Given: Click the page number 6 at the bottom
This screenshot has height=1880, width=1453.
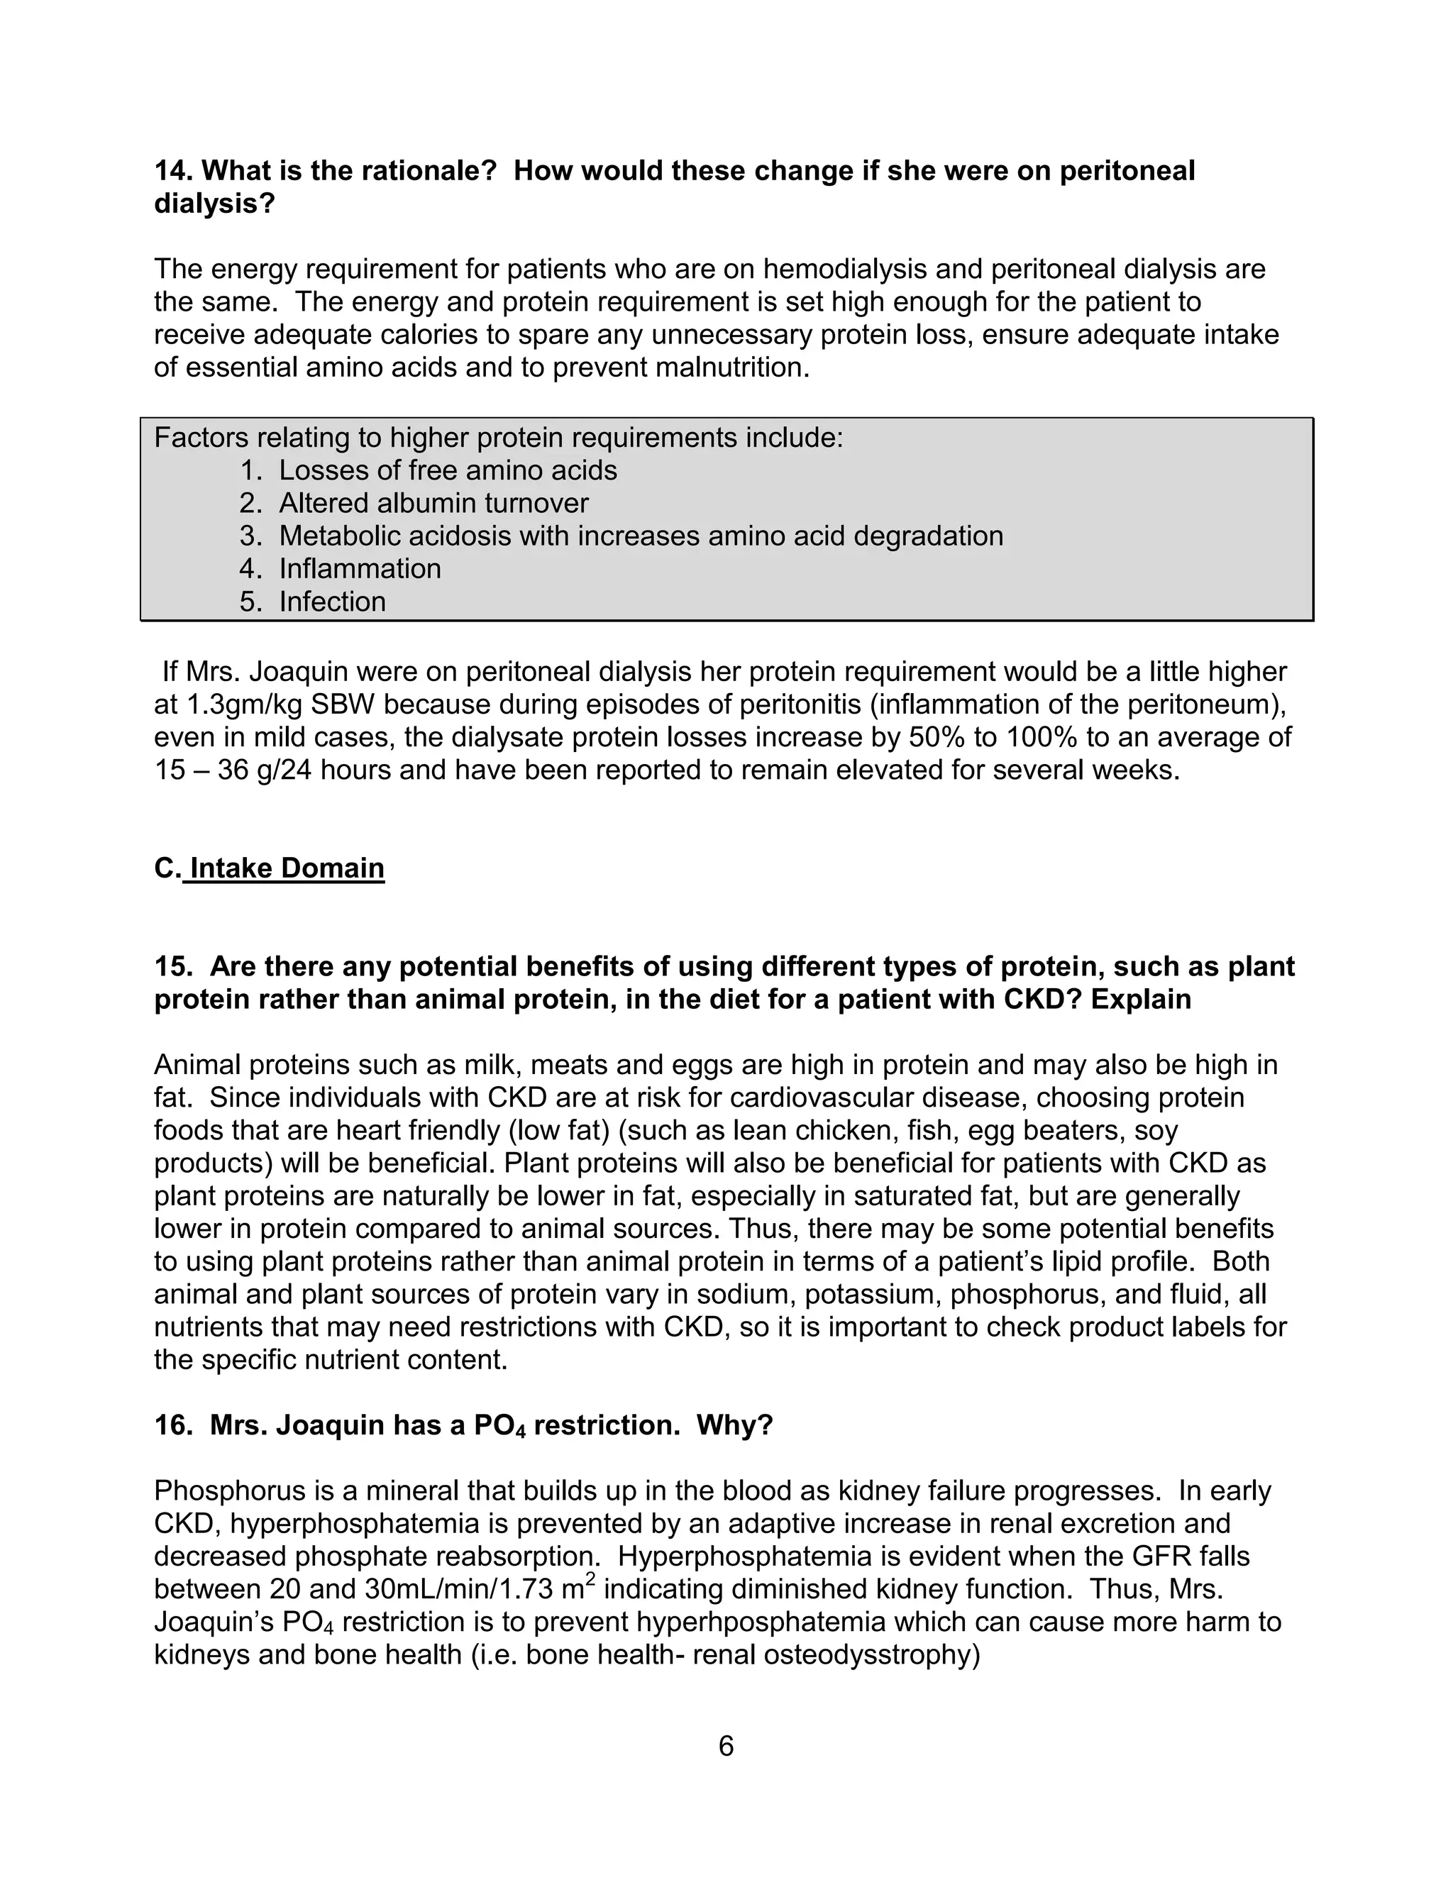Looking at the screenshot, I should (726, 1747).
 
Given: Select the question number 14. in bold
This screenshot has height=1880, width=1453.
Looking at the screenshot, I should (174, 170).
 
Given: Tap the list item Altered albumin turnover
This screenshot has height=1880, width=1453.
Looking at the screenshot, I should (433, 503).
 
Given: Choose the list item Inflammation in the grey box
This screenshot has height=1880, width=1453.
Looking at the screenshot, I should (359, 568).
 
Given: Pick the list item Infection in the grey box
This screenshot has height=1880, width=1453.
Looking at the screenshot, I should (331, 601).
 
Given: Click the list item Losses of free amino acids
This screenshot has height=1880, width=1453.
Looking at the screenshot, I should (448, 470).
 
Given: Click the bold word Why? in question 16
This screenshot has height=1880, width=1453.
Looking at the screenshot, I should (734, 1425).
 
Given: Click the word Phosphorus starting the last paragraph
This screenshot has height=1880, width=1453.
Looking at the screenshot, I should (225, 1490).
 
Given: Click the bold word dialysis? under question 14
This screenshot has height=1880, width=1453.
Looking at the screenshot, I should (214, 204).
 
